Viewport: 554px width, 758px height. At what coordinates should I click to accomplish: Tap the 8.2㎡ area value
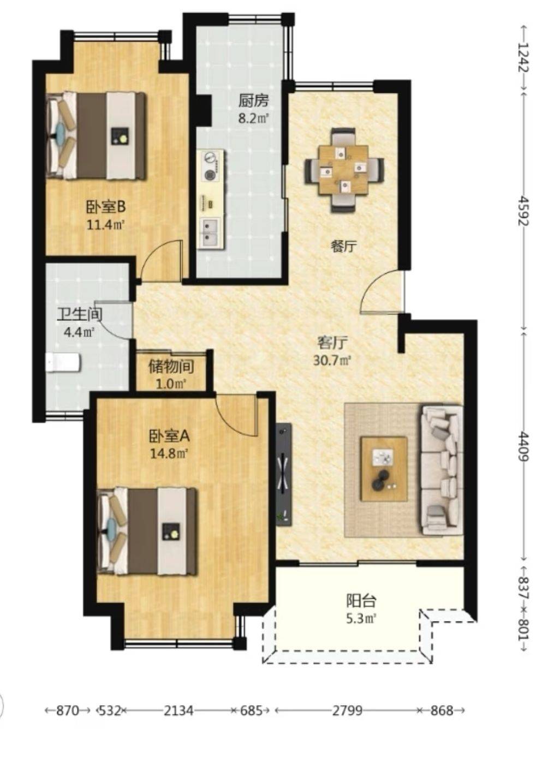coord(253,119)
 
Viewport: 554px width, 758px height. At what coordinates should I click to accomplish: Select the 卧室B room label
coord(106,206)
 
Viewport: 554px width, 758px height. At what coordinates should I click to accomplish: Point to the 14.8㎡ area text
coord(169,453)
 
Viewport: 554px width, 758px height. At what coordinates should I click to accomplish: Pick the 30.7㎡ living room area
coord(332,361)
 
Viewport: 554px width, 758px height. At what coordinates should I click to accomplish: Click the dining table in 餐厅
coord(344,170)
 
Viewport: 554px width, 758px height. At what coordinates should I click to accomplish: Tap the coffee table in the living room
coord(384,469)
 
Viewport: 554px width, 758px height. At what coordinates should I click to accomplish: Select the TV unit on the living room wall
coord(284,474)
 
